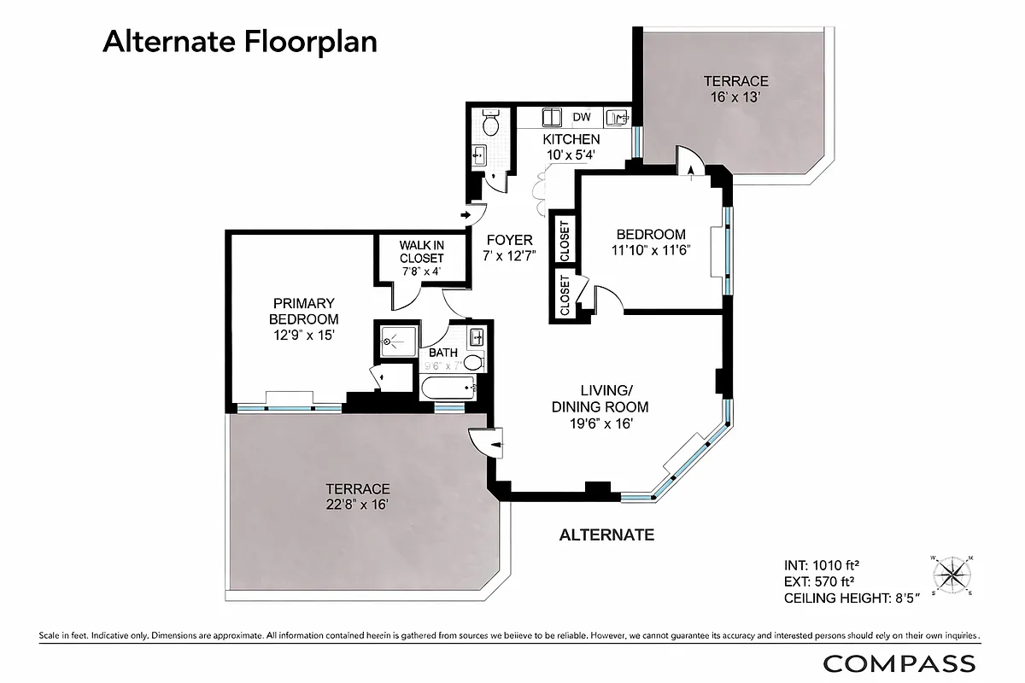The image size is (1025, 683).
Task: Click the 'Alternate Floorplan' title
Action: [240, 41]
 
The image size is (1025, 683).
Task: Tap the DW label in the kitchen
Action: [581, 117]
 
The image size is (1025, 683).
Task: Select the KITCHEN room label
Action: [571, 139]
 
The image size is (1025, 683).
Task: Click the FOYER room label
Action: [509, 240]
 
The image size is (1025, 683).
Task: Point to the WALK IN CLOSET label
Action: [421, 252]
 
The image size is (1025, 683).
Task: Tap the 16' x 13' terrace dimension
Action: [735, 97]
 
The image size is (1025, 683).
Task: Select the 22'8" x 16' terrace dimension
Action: [357, 504]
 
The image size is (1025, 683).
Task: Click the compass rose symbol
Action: [953, 574]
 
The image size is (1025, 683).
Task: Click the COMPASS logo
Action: [899, 663]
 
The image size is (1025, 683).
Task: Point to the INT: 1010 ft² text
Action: [821, 565]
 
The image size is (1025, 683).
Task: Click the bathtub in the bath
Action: [449, 389]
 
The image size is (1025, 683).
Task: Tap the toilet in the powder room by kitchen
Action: [490, 125]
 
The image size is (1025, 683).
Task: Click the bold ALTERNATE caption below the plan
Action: [606, 535]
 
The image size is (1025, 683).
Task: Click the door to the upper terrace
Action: [688, 161]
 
